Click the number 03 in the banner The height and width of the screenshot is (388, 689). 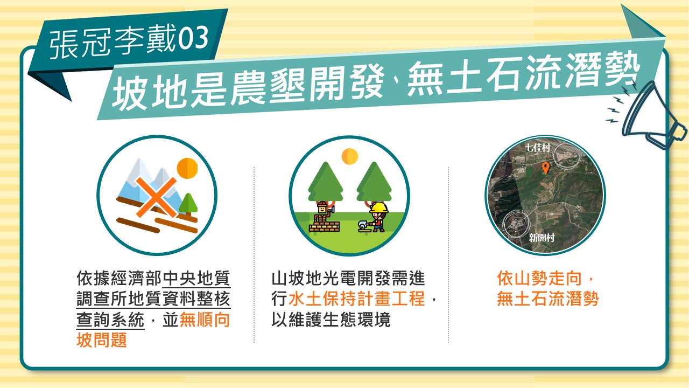193,38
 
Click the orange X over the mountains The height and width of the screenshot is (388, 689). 156,197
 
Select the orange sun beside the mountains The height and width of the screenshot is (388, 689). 187,168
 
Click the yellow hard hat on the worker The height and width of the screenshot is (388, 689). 379,207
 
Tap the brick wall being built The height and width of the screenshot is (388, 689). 325,227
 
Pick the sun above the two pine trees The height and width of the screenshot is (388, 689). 350,156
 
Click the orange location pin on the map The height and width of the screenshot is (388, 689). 546,168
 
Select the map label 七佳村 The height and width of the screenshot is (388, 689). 537,148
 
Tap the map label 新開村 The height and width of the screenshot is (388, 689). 542,238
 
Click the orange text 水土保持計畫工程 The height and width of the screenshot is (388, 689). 357,299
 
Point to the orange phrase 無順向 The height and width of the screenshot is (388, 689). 205,320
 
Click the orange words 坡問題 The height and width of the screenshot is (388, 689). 102,340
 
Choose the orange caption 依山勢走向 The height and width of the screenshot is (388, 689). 539,279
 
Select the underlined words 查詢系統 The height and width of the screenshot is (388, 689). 110,320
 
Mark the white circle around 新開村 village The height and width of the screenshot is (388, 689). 517,224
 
